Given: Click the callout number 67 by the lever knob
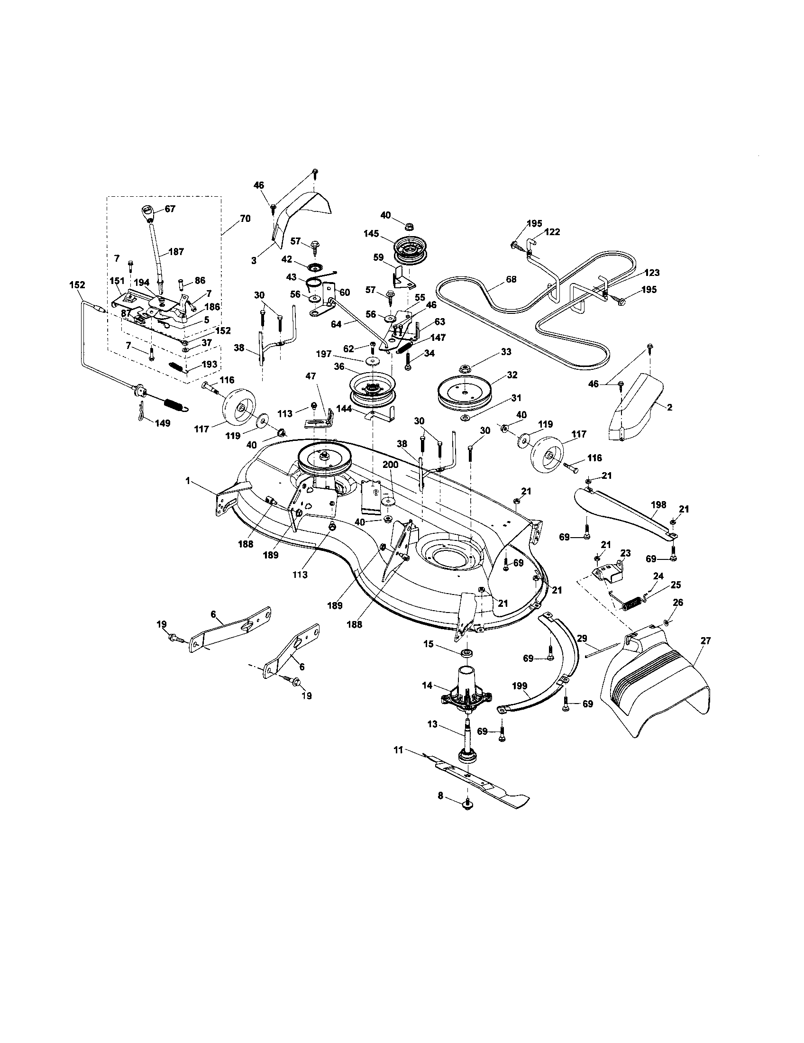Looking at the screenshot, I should [x=170, y=209].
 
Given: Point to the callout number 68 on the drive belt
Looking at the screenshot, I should [x=511, y=279].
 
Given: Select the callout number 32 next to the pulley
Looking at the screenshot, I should [x=512, y=375].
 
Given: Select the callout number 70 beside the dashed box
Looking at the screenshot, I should [x=245, y=219].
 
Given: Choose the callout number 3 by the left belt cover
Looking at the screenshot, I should [x=254, y=261].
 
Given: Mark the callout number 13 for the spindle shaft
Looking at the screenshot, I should [x=432, y=724].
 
